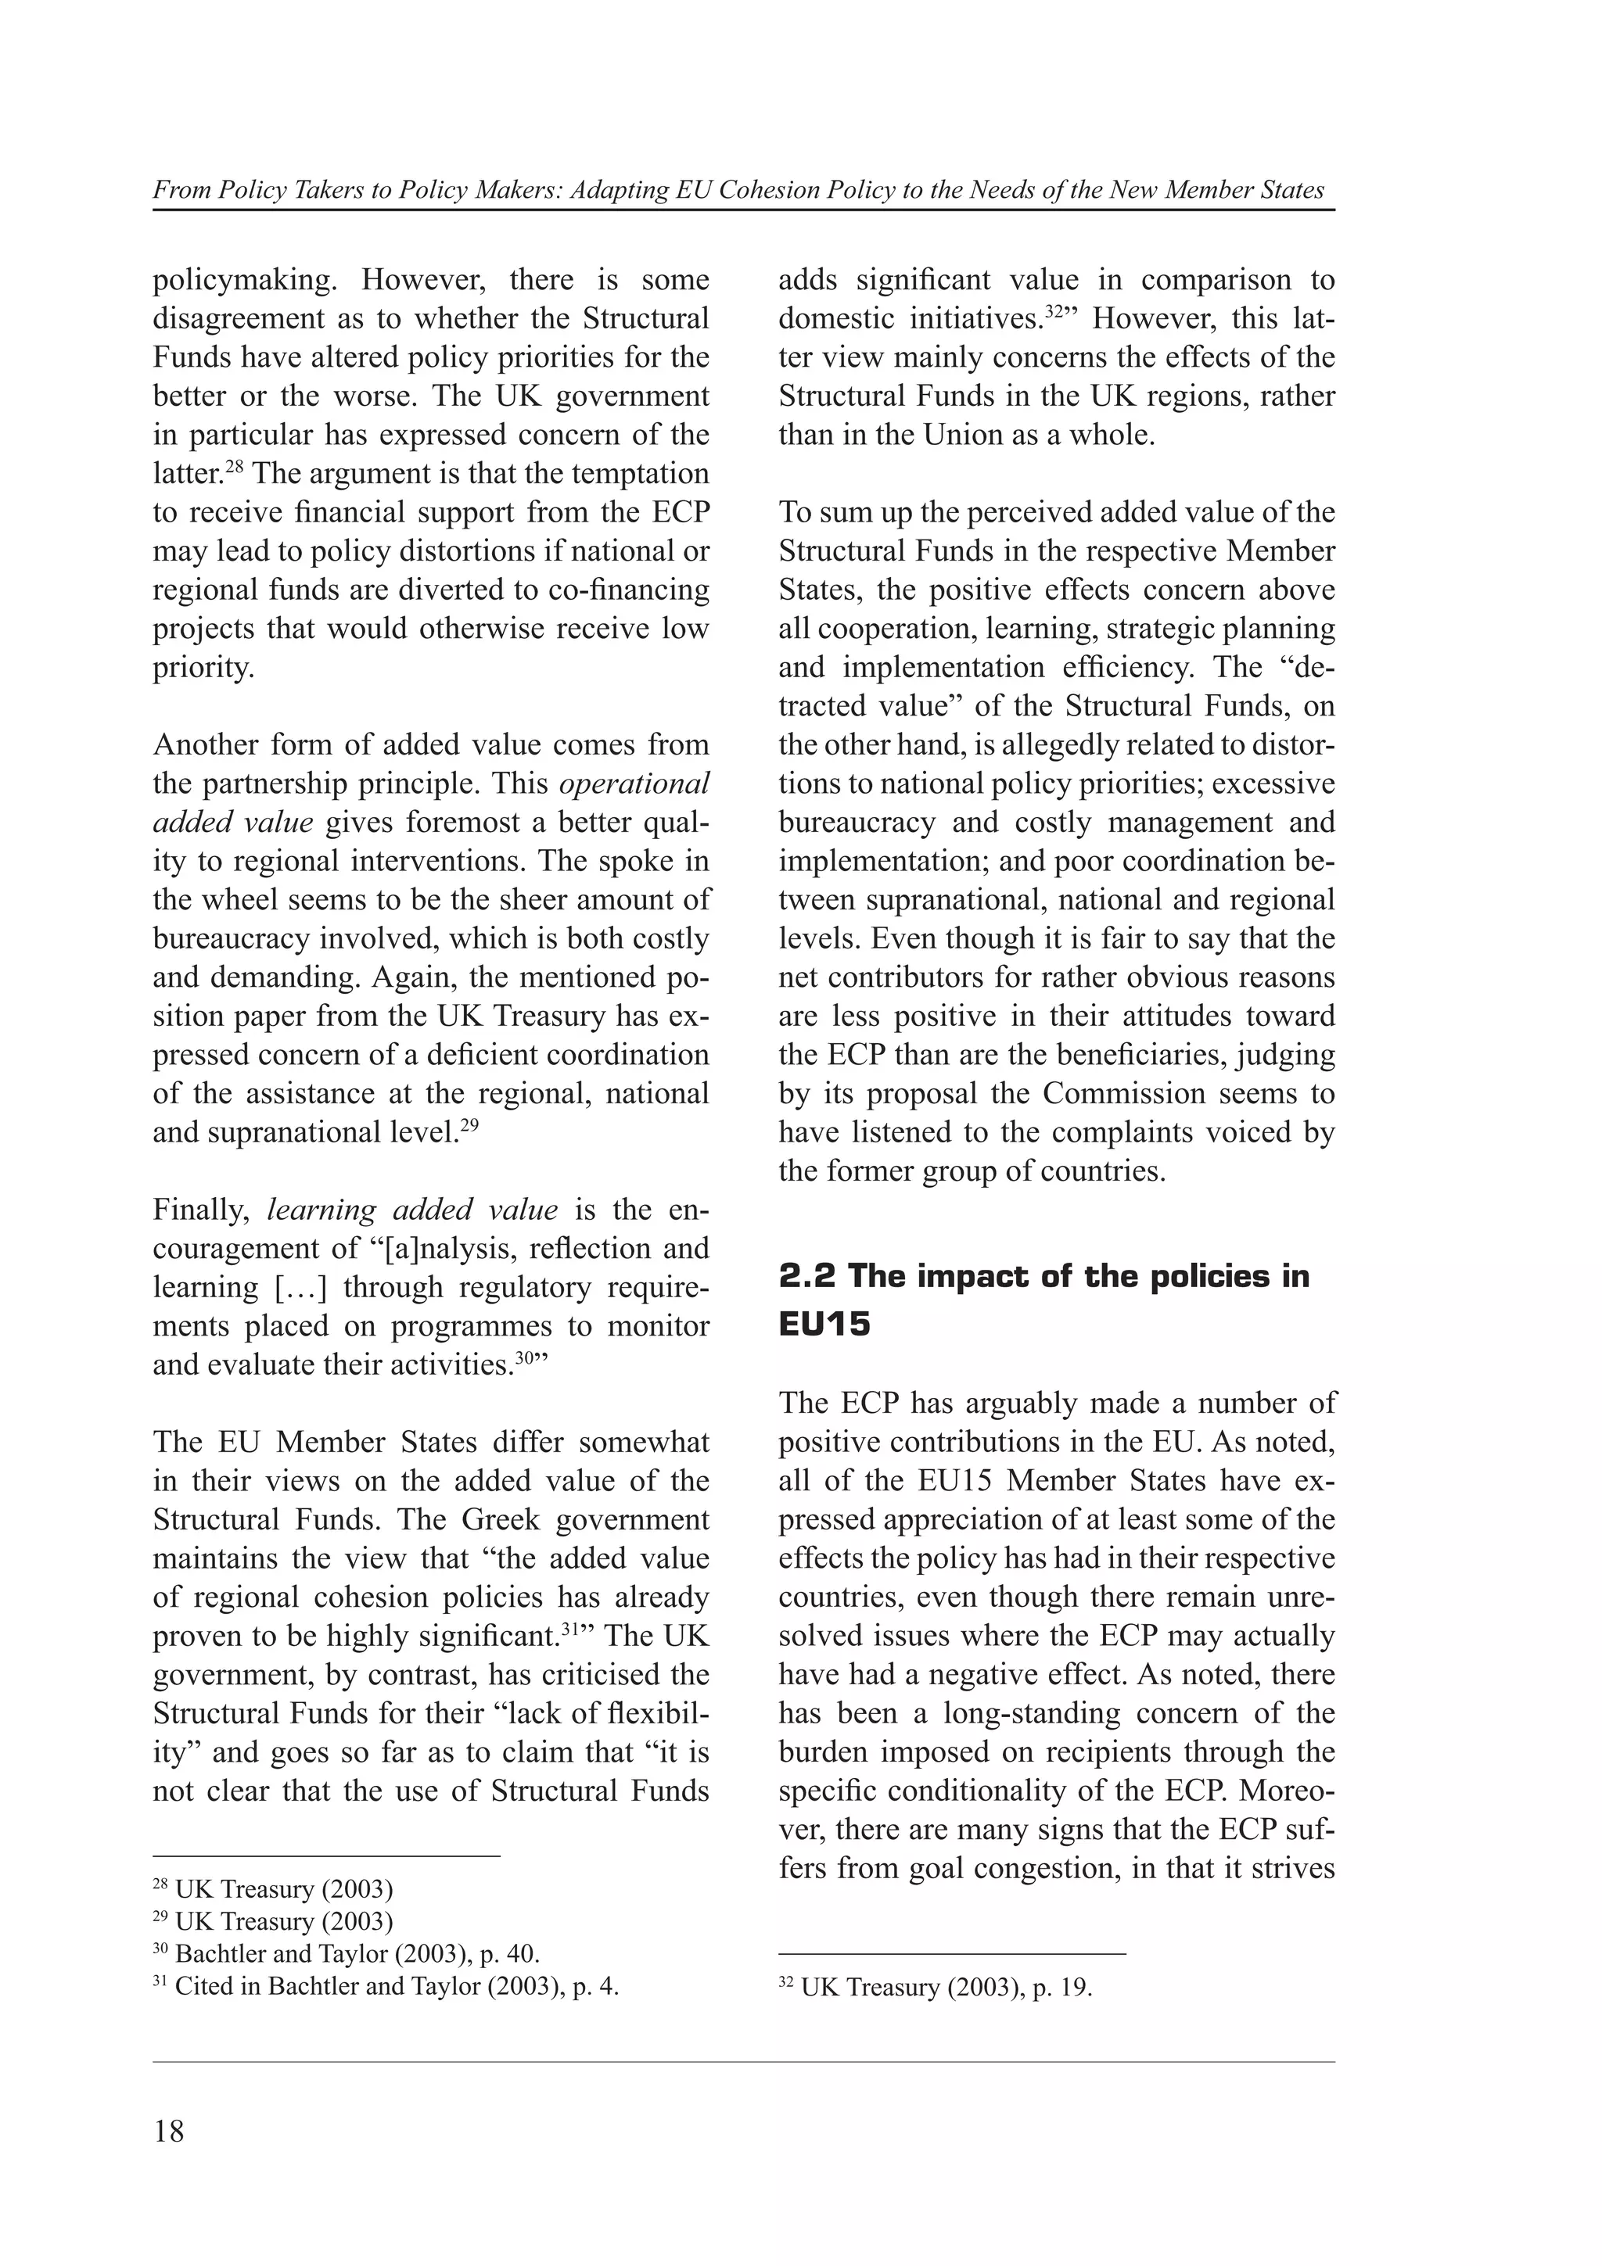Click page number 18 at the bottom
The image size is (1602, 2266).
tap(169, 2132)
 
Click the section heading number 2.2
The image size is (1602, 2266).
tap(808, 1276)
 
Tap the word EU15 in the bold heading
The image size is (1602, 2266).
tap(824, 1325)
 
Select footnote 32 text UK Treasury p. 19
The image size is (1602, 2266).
tap(946, 1987)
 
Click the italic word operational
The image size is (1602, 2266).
tap(634, 783)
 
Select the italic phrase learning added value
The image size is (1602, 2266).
tap(412, 1210)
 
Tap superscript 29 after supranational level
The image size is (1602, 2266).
tap(469, 1124)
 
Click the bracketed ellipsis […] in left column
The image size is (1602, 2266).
tap(298, 1288)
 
